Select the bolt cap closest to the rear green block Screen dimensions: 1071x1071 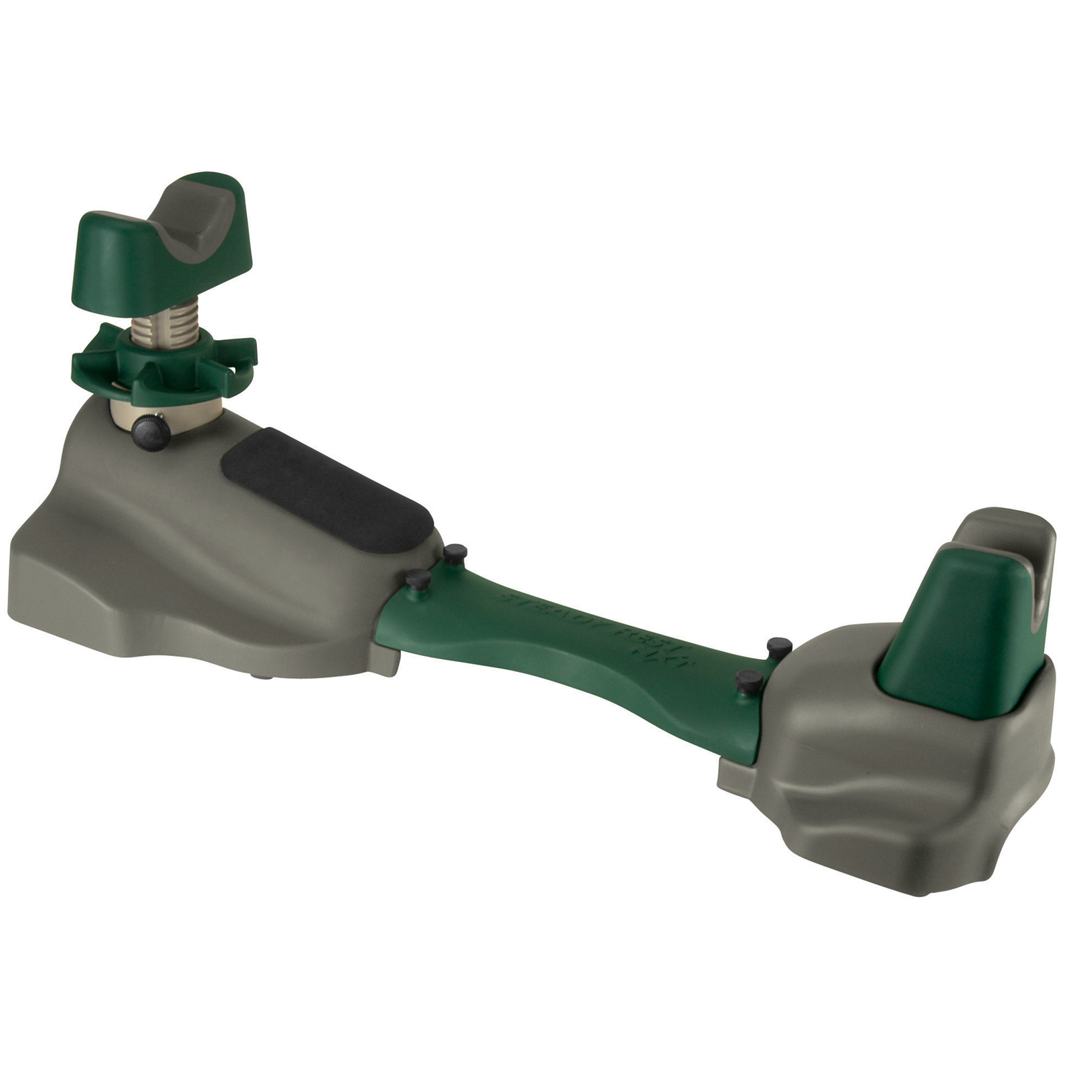coord(778,646)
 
